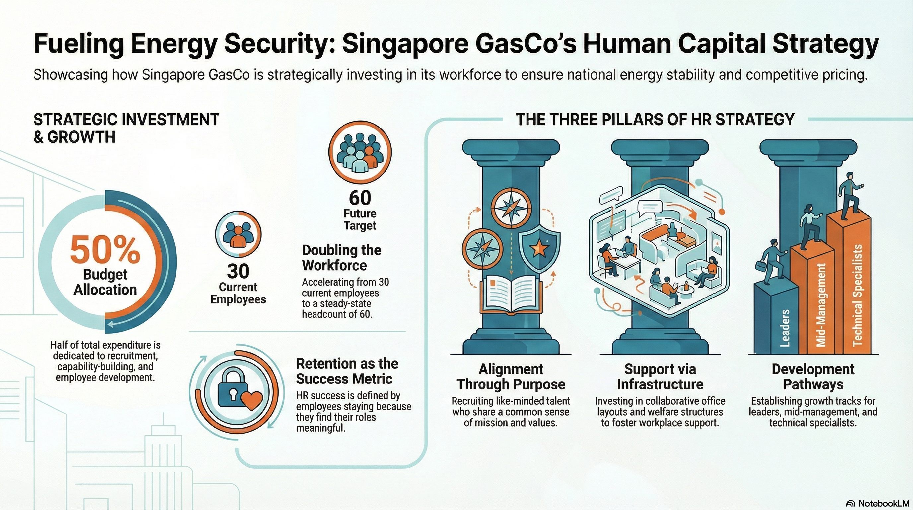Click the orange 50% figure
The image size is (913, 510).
pyautogui.click(x=105, y=249)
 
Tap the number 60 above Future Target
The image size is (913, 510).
pyautogui.click(x=360, y=198)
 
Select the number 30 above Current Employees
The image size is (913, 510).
pyautogui.click(x=238, y=271)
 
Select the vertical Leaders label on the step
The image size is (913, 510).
pyautogui.click(x=785, y=328)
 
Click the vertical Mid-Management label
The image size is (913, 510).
pyautogui.click(x=821, y=305)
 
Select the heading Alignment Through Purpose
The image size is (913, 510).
pyautogui.click(x=511, y=377)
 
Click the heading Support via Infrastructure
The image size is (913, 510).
pyautogui.click(x=660, y=377)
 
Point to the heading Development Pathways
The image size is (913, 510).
pyautogui.click(x=813, y=377)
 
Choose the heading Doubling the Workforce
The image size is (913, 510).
pyautogui.click(x=341, y=258)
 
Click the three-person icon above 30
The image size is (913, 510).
pyautogui.click(x=238, y=234)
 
